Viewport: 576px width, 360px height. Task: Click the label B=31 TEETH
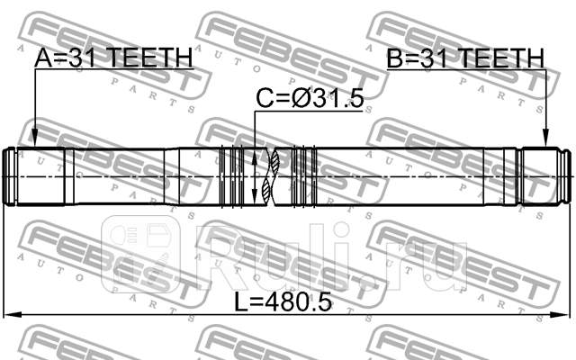(465, 58)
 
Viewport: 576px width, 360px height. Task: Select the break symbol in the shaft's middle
(273, 175)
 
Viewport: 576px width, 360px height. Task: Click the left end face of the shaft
(6, 175)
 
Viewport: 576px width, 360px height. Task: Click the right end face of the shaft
(570, 175)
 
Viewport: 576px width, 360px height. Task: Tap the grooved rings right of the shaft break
(307, 175)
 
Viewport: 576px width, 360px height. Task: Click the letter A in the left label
(43, 58)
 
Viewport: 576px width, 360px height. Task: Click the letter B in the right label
(395, 58)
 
